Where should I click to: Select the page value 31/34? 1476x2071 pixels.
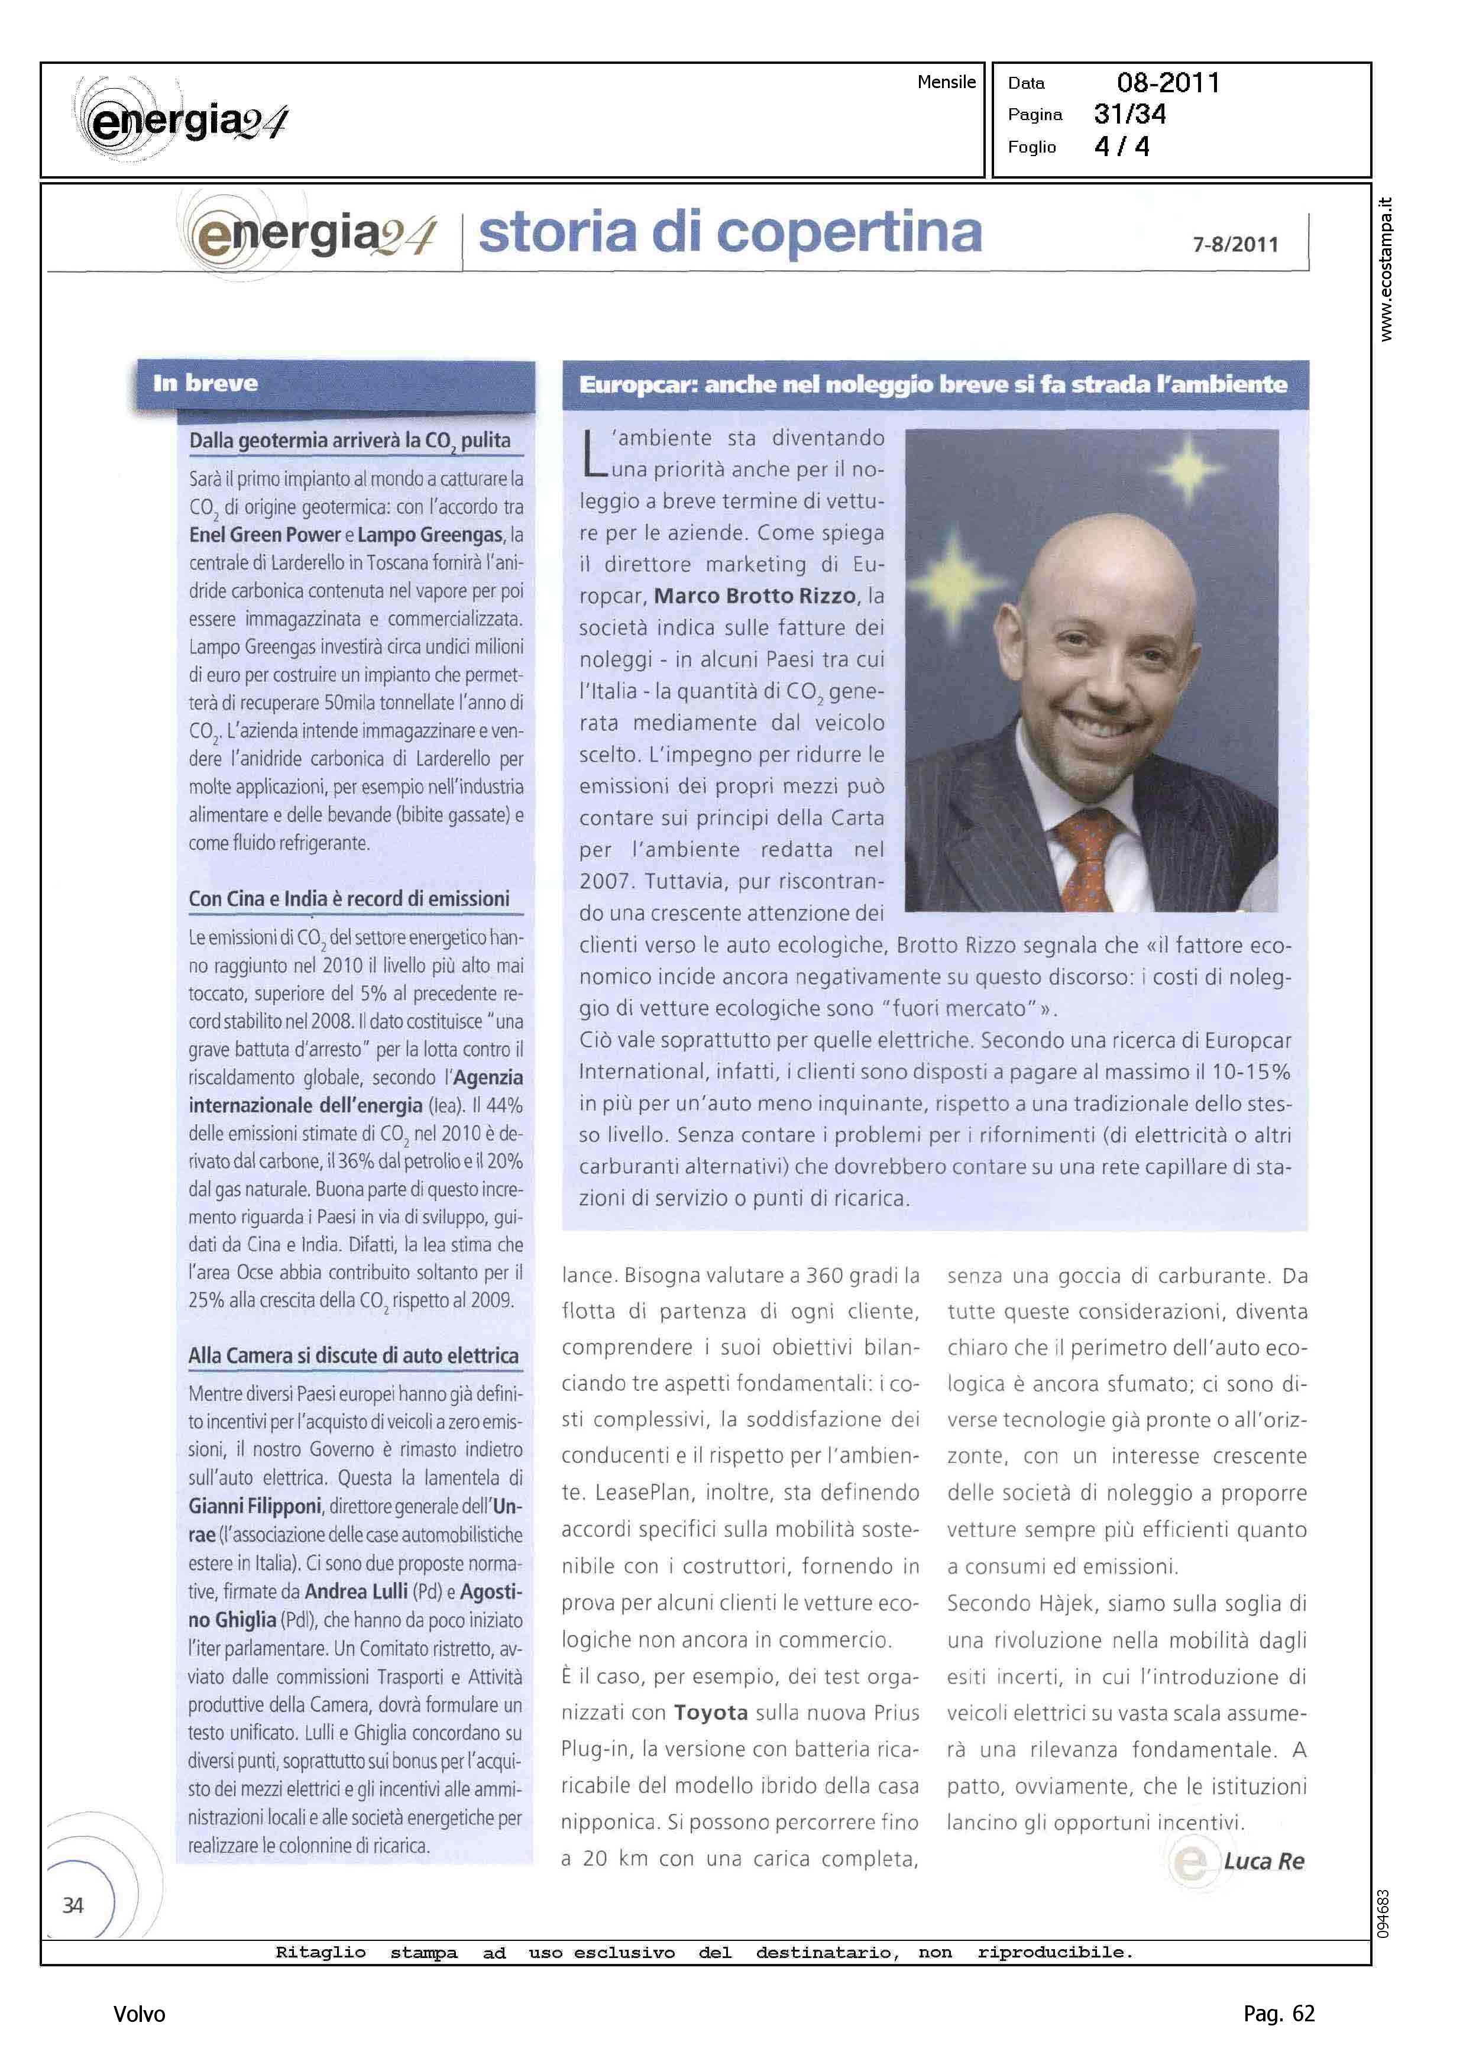coord(1129,115)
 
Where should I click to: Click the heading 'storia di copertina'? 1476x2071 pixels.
coord(730,232)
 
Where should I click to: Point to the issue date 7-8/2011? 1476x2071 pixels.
coord(1235,244)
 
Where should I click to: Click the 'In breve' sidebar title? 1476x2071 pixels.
coord(205,383)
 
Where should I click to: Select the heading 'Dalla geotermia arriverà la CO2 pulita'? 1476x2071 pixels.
coord(350,441)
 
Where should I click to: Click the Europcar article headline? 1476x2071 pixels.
coord(933,384)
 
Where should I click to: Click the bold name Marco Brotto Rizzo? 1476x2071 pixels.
coord(755,596)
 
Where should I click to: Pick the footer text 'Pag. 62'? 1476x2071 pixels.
coord(1278,2014)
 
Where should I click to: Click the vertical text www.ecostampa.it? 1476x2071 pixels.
coord(1385,269)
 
